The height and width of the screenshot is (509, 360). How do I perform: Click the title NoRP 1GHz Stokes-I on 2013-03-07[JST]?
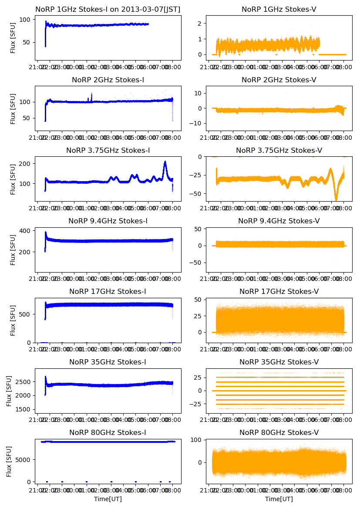pyautogui.click(x=108, y=9)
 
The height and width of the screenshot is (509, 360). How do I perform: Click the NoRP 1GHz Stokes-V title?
pyautogui.click(x=279, y=9)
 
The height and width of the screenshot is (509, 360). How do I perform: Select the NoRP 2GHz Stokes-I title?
pyautogui.click(x=108, y=80)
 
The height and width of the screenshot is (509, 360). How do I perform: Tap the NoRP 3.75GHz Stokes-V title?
pyautogui.click(x=279, y=150)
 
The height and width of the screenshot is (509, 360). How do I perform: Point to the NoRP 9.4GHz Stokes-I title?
pyautogui.click(x=108, y=221)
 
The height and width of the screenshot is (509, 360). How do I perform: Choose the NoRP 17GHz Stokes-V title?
pyautogui.click(x=279, y=291)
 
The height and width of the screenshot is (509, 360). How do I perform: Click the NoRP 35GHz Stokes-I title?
pyautogui.click(x=108, y=362)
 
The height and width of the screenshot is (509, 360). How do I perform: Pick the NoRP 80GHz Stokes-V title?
pyautogui.click(x=279, y=432)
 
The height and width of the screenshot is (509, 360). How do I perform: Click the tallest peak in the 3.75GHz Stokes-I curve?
pyautogui.click(x=165, y=162)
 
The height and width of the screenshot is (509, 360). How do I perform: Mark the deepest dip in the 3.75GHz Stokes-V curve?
pyautogui.click(x=336, y=200)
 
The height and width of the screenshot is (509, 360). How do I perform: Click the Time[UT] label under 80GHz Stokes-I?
pyautogui.click(x=108, y=499)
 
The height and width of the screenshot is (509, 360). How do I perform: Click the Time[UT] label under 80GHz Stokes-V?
pyautogui.click(x=279, y=499)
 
